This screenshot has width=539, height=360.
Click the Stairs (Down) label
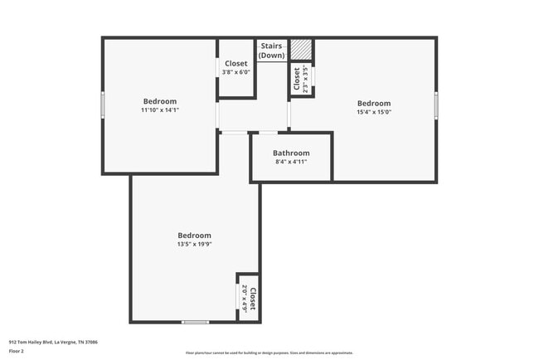coord(272,51)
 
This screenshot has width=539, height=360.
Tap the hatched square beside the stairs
coord(300,51)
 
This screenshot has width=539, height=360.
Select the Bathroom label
coord(291,153)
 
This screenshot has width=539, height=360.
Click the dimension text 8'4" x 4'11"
coord(291,162)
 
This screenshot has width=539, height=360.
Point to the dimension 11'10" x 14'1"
coord(160,109)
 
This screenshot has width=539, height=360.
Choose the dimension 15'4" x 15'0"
coord(373,112)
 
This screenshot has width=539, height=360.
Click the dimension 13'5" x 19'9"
coord(194,244)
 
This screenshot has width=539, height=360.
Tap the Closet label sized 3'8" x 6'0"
coord(236,64)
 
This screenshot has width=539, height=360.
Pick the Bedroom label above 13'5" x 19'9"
coord(194,236)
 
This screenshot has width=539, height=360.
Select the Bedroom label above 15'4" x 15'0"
coord(373,104)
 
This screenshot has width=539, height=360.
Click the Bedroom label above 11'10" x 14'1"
coord(160,101)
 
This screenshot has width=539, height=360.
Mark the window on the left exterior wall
coord(103,105)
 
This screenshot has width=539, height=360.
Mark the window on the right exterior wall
coord(436,105)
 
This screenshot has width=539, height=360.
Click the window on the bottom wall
coord(195,322)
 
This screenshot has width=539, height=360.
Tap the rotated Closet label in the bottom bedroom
coord(253,298)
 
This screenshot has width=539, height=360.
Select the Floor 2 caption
coord(17,351)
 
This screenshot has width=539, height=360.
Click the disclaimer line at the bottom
coord(269,353)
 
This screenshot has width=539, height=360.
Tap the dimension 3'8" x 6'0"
coord(236,72)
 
